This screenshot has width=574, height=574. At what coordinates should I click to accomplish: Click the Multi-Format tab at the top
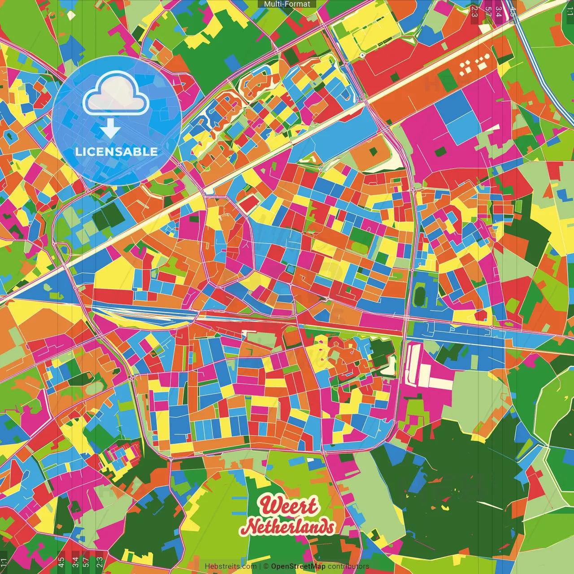(287, 4)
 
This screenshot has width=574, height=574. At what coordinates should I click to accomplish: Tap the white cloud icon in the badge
(116, 94)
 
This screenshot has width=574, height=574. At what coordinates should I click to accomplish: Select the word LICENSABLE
(117, 152)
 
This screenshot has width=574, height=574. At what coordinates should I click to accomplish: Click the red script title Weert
(289, 506)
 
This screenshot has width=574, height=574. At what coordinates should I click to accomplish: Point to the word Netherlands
(290, 526)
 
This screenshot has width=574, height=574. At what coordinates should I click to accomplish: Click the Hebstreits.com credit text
(230, 566)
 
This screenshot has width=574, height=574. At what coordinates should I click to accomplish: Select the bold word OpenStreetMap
(298, 566)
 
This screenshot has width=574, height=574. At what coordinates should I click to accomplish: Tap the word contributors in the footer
(348, 566)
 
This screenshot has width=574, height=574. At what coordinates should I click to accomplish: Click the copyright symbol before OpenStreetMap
(266, 566)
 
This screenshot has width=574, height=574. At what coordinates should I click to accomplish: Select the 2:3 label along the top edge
(474, 11)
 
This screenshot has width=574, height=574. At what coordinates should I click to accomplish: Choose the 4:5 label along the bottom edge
(61, 562)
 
